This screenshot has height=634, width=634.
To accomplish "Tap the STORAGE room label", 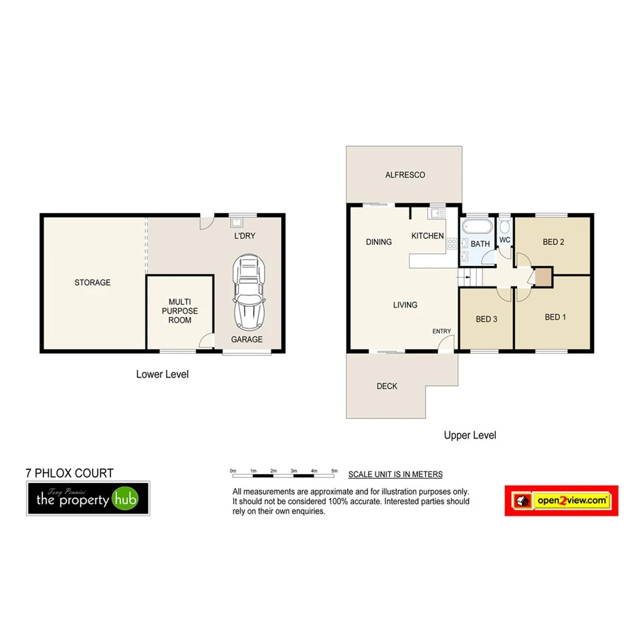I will pyautogui.click(x=93, y=282).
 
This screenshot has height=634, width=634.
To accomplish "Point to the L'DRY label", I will pyautogui.click(x=244, y=235).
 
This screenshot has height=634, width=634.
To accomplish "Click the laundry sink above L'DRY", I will pyautogui.click(x=236, y=220).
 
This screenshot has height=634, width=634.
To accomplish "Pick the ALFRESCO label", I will pyautogui.click(x=405, y=175).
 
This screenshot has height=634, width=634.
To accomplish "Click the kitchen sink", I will pyautogui.click(x=436, y=214).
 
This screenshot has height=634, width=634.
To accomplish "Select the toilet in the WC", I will pyautogui.click(x=505, y=226).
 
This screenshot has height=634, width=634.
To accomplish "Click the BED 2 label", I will pyautogui.click(x=553, y=242).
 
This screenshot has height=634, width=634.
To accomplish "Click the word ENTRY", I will pyautogui.click(x=441, y=331).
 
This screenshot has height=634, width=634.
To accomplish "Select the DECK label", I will pyautogui.click(x=387, y=386).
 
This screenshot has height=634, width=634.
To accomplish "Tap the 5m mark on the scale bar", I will pyautogui.click(x=334, y=470).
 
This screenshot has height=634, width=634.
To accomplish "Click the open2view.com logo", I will pyautogui.click(x=561, y=501).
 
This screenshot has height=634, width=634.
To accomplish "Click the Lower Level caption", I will pyautogui.click(x=162, y=374).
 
